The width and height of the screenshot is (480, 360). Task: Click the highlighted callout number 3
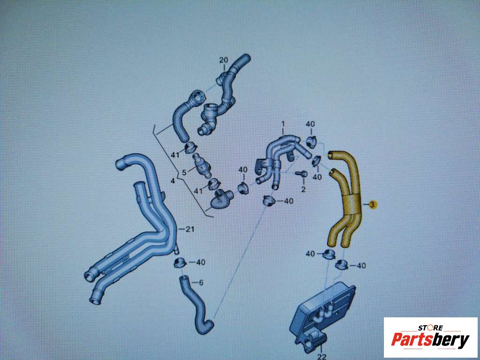point(372,204)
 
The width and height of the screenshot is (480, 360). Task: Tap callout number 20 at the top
point(224,60)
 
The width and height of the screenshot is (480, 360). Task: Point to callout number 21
point(190,229)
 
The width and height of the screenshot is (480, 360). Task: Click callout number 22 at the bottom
point(322,356)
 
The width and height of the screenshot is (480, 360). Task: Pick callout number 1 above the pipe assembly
point(283,124)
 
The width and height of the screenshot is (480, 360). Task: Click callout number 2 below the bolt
point(303,189)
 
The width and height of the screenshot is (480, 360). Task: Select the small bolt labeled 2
point(301,174)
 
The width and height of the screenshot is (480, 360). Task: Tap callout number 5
point(184,172)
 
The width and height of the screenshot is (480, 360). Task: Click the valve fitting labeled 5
point(201,166)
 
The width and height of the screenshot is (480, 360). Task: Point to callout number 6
point(201,283)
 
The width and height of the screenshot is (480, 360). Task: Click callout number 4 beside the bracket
point(172,181)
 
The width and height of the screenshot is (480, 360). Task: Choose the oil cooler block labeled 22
point(322,315)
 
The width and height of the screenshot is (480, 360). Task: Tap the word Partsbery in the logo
point(430,340)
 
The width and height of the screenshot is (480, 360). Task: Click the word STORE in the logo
point(431,328)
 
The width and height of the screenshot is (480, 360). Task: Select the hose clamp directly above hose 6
point(180,262)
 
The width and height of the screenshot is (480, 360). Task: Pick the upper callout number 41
point(175,155)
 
